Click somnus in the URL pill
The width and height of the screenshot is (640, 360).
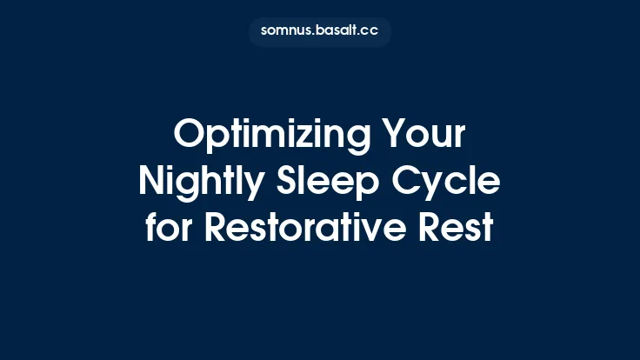click(285, 31)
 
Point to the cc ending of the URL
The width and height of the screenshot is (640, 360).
click(371, 31)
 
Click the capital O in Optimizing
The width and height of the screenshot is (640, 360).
click(188, 137)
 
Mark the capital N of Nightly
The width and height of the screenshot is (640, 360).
click(151, 183)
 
